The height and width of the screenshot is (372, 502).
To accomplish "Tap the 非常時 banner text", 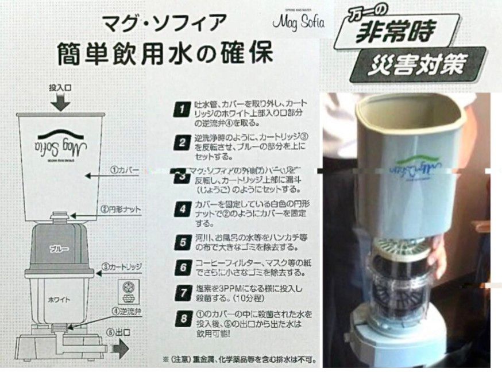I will pyautogui.click(x=395, y=32).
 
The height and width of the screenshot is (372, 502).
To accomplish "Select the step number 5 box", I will pyautogui.click(x=182, y=242).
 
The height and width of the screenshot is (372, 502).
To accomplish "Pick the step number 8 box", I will pyautogui.click(x=182, y=318).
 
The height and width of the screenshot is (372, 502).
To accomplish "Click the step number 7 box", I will pyautogui.click(x=182, y=292).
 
